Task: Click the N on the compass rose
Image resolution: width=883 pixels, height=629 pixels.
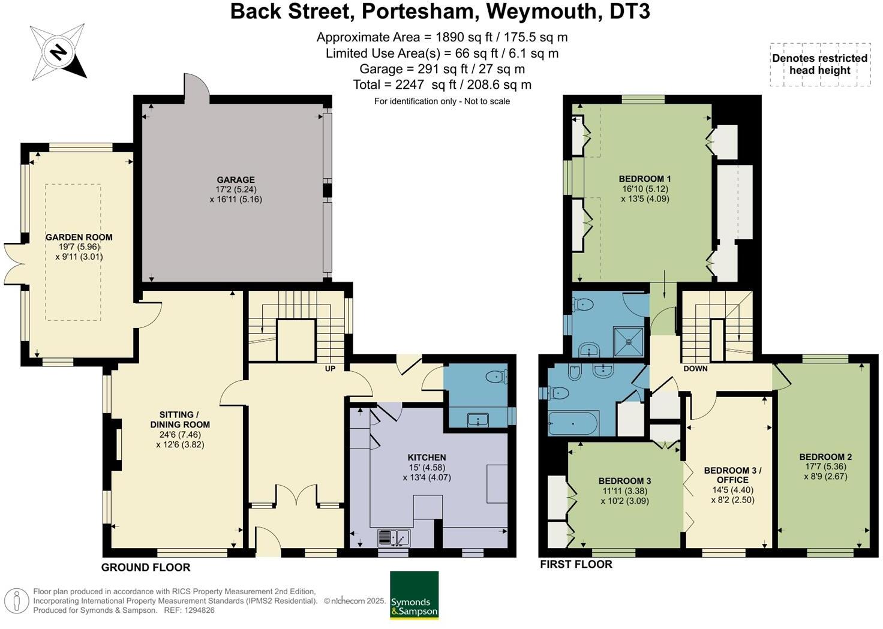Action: [x=59, y=52]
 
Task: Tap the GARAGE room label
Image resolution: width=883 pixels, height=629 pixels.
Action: [x=236, y=180]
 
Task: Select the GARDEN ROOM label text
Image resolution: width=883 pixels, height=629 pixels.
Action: [x=79, y=237]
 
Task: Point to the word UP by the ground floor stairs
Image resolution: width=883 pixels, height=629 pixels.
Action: [x=330, y=369]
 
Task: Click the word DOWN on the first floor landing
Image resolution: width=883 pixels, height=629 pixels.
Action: [x=695, y=369]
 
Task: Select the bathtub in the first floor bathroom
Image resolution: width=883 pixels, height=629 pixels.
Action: [x=573, y=423]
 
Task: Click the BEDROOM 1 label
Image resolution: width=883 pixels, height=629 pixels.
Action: [x=645, y=179]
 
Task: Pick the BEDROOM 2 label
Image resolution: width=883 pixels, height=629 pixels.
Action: [x=825, y=457]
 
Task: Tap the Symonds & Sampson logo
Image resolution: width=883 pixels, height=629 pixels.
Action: [x=415, y=595]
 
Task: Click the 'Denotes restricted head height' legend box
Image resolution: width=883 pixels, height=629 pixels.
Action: [x=821, y=64]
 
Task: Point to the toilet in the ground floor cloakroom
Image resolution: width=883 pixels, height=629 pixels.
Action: [x=496, y=377]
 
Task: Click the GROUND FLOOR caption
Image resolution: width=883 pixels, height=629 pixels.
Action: [x=146, y=567]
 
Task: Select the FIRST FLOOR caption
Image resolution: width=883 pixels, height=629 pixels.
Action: [x=576, y=564]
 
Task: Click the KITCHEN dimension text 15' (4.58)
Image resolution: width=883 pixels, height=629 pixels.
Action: [x=427, y=468]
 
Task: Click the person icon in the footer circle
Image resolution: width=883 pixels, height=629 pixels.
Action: [x=16, y=602]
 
